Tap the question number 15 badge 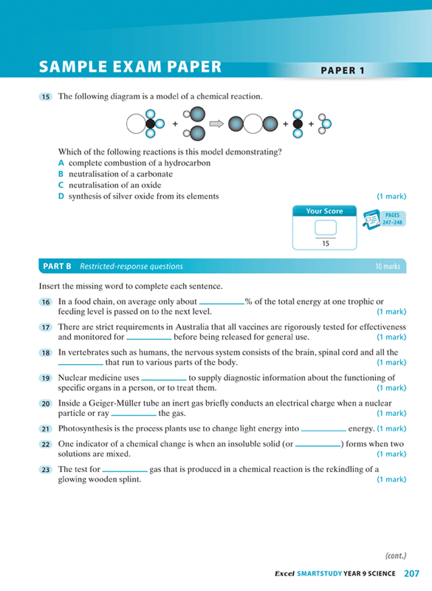tap(46, 97)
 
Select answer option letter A tap(61, 163)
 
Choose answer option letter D tap(61, 196)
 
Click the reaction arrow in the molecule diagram tap(217, 124)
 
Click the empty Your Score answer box tap(325, 228)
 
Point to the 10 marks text tap(387, 266)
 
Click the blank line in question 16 tap(221, 304)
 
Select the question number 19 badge tap(46, 378)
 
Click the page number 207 tap(412, 573)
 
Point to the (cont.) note tap(396, 556)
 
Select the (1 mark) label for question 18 tap(391, 362)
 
